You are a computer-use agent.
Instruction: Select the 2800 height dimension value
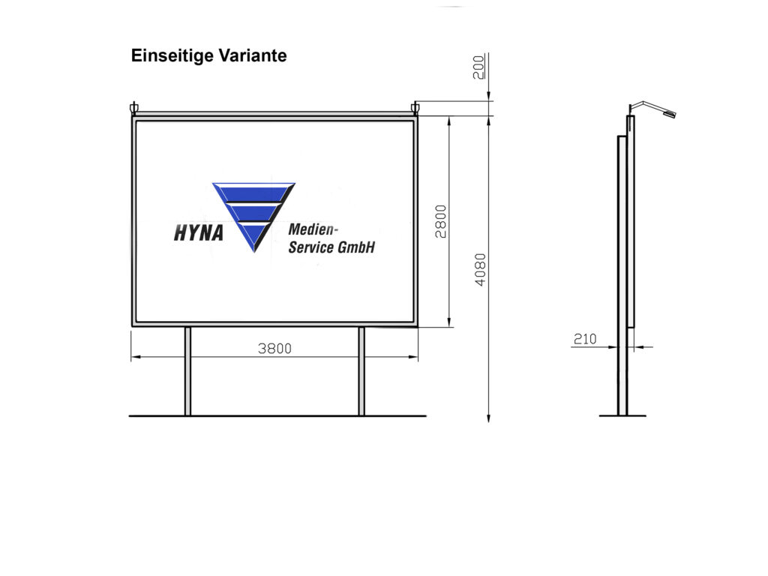click(441, 221)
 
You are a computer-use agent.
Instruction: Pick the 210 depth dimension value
click(584, 339)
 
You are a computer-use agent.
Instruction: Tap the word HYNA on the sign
click(199, 233)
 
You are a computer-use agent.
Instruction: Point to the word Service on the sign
click(310, 247)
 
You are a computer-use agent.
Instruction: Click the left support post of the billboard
click(187, 371)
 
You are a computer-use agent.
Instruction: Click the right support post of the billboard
click(361, 371)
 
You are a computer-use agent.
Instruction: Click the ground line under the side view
click(622, 415)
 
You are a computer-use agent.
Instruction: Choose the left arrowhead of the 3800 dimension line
click(134, 357)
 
